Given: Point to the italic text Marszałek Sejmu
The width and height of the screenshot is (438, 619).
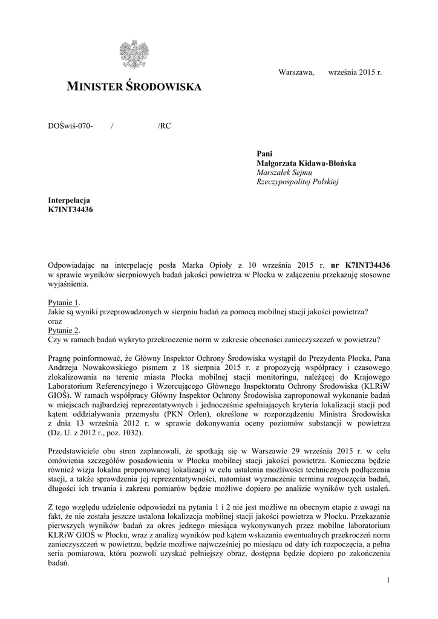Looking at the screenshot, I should [x=284, y=172].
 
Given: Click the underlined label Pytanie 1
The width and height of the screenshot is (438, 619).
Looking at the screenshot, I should [x=64, y=302].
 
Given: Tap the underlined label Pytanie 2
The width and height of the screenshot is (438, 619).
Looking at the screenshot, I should [x=64, y=330].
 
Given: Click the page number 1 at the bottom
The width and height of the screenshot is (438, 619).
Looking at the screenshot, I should [x=387, y=580].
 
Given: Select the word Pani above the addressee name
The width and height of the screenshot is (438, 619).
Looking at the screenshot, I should [x=265, y=154].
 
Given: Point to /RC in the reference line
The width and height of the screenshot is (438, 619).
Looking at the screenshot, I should [x=164, y=126].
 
